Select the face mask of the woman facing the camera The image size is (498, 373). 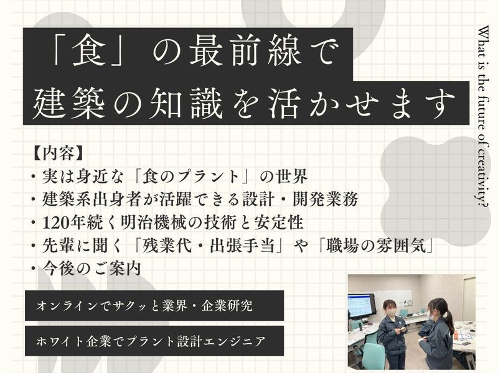392,313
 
